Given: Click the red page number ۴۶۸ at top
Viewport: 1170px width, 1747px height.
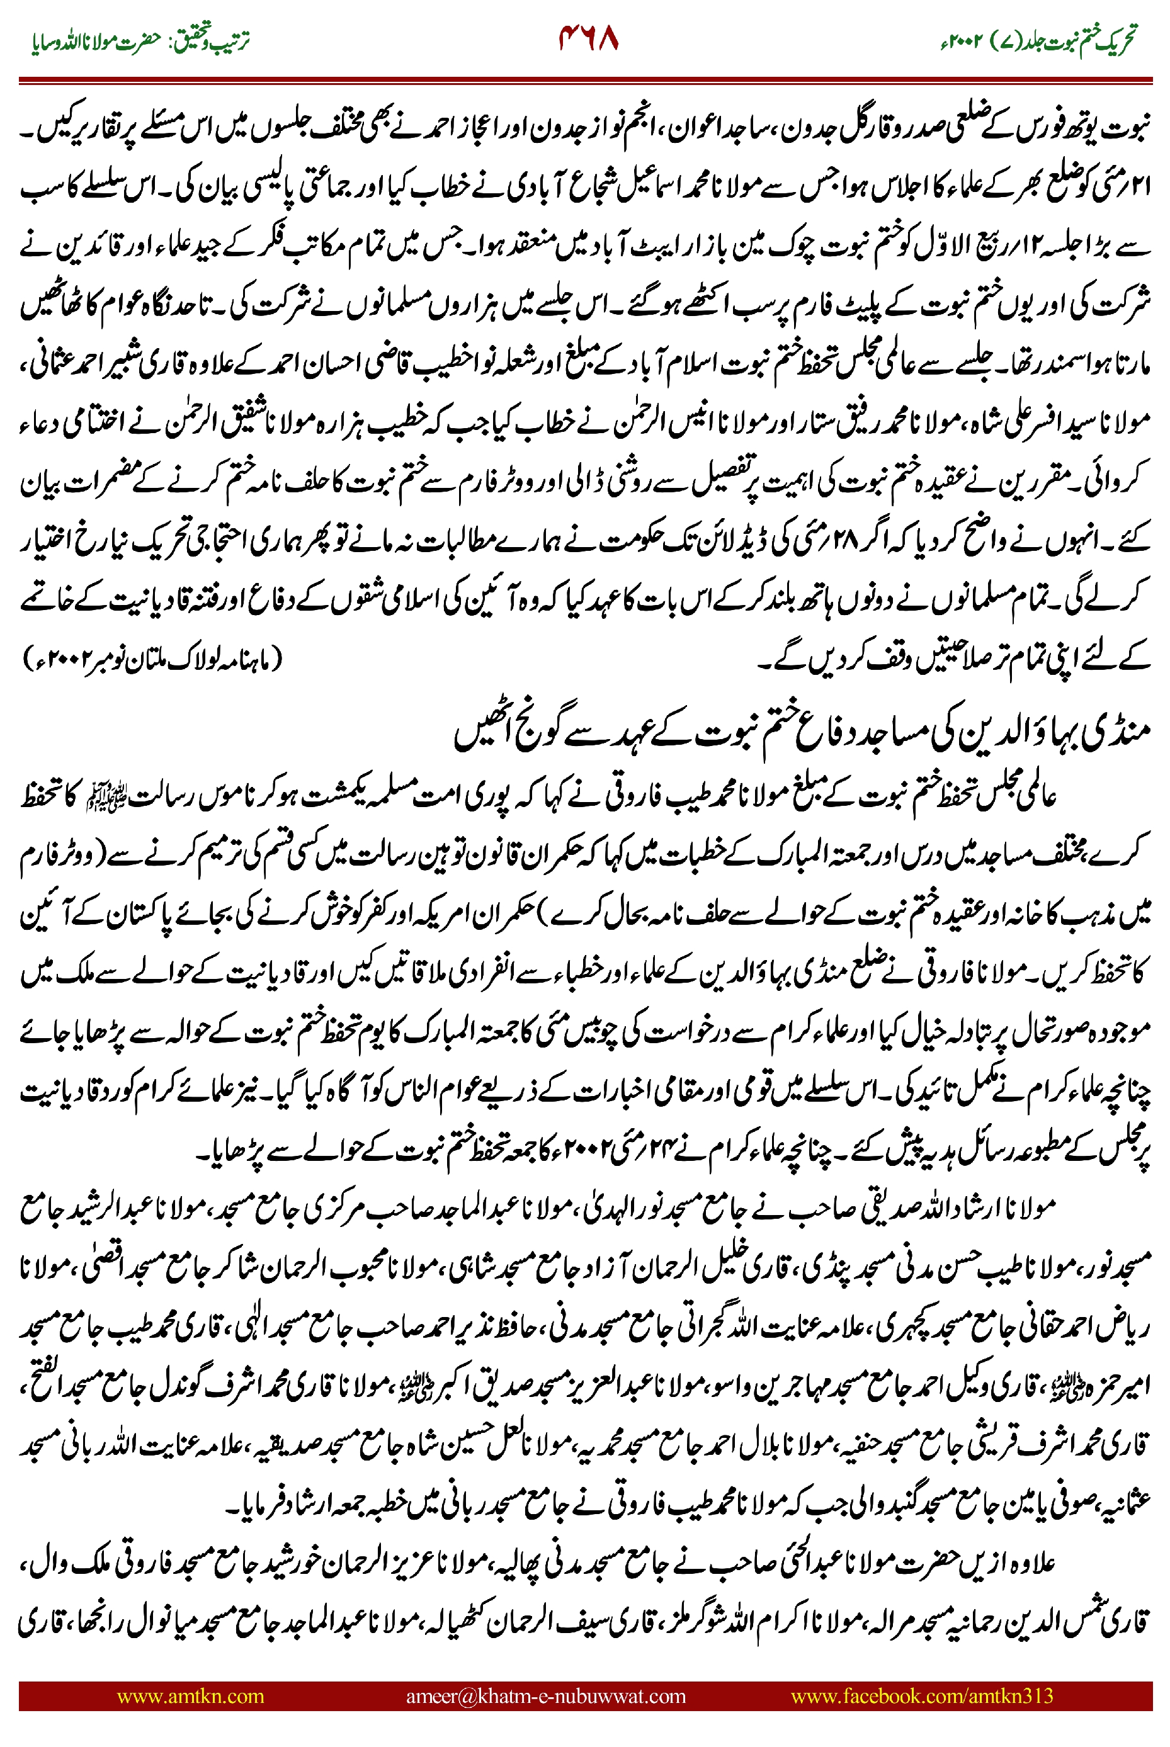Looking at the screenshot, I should click(x=588, y=39).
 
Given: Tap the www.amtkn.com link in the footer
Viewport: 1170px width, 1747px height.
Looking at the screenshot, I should click(x=190, y=1695).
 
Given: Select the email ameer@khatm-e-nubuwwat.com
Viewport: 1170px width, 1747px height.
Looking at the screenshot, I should click(x=545, y=1695).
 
